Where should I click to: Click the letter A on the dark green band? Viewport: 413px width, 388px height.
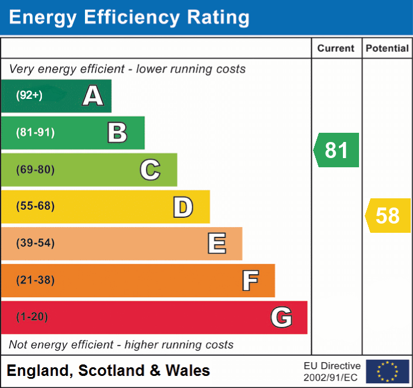coord(92,95)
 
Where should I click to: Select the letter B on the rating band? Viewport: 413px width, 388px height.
coord(117,133)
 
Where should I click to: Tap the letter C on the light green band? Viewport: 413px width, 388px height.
coord(150,170)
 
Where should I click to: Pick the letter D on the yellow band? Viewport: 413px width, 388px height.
coord(183,207)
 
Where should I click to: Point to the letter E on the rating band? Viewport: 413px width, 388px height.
coord(216,244)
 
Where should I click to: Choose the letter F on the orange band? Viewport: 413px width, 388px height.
coord(249,281)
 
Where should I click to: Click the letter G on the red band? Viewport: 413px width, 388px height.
coord(281,317)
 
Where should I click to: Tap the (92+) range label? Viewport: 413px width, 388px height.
coord(29,95)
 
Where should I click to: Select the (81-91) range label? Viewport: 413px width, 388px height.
coord(35,133)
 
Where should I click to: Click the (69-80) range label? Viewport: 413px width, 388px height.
coord(35,170)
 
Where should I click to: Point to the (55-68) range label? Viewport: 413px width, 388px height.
coord(35,206)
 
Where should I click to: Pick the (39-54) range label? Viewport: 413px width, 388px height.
coord(35,243)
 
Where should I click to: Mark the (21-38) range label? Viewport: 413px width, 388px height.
coord(35,281)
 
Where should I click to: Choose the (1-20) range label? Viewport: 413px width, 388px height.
coord(32,317)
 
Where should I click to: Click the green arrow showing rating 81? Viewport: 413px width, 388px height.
coord(337,150)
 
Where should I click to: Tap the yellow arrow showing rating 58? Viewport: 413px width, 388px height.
coord(388,216)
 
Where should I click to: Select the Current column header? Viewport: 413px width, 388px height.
coord(337,49)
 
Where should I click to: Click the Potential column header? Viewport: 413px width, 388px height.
coord(387,49)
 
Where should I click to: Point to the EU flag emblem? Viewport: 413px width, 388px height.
coord(387,371)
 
